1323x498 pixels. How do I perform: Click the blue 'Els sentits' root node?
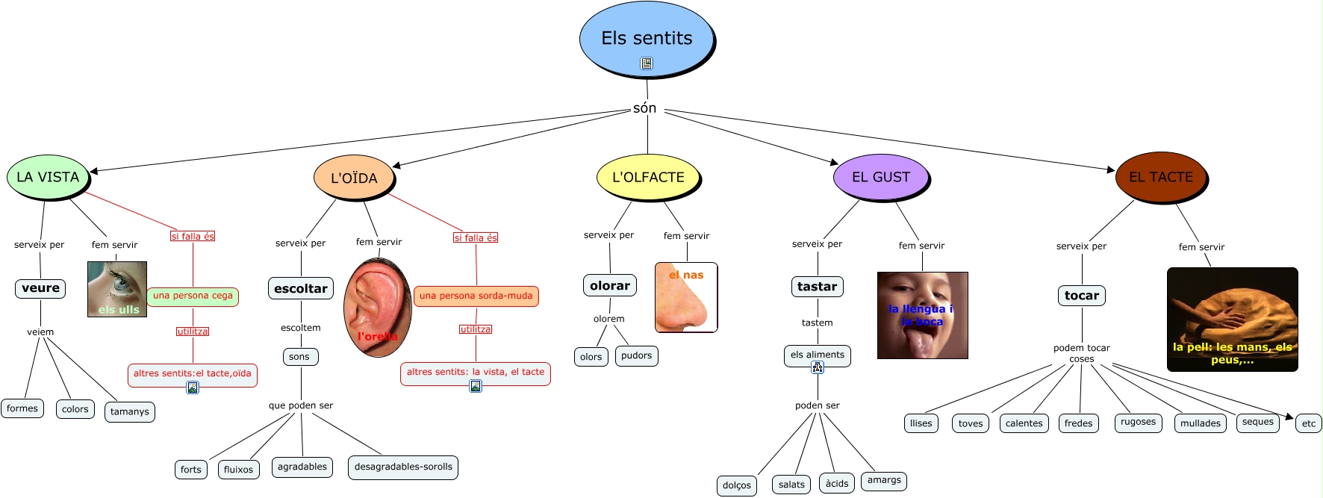[x=647, y=39]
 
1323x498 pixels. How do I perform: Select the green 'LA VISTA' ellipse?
[x=48, y=177]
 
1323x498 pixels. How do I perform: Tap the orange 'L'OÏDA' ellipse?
[x=354, y=178]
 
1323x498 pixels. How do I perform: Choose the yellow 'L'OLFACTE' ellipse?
[x=648, y=177]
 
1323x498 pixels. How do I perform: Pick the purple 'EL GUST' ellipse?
[x=881, y=177]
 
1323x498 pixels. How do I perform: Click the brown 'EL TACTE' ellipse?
[x=1160, y=177]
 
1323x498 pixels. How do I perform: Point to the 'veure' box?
[x=40, y=288]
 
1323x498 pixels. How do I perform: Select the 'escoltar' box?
[x=300, y=289]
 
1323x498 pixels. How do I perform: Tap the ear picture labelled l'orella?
[x=377, y=307]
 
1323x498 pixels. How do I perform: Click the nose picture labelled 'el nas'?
[x=686, y=297]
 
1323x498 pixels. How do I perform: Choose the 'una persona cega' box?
[x=193, y=296]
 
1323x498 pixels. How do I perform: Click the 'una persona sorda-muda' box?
[x=476, y=296]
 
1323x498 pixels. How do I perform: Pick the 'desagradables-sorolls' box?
[x=403, y=467]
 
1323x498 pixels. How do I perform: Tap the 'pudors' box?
[x=636, y=356]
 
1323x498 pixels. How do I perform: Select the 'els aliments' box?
[x=817, y=355]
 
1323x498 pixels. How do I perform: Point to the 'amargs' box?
[x=884, y=481]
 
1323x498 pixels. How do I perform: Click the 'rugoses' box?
[x=1138, y=423]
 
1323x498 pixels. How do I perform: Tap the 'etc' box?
[x=1309, y=423]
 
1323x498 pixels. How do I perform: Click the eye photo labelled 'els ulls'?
[x=117, y=289]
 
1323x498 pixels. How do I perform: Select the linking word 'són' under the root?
[x=645, y=108]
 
